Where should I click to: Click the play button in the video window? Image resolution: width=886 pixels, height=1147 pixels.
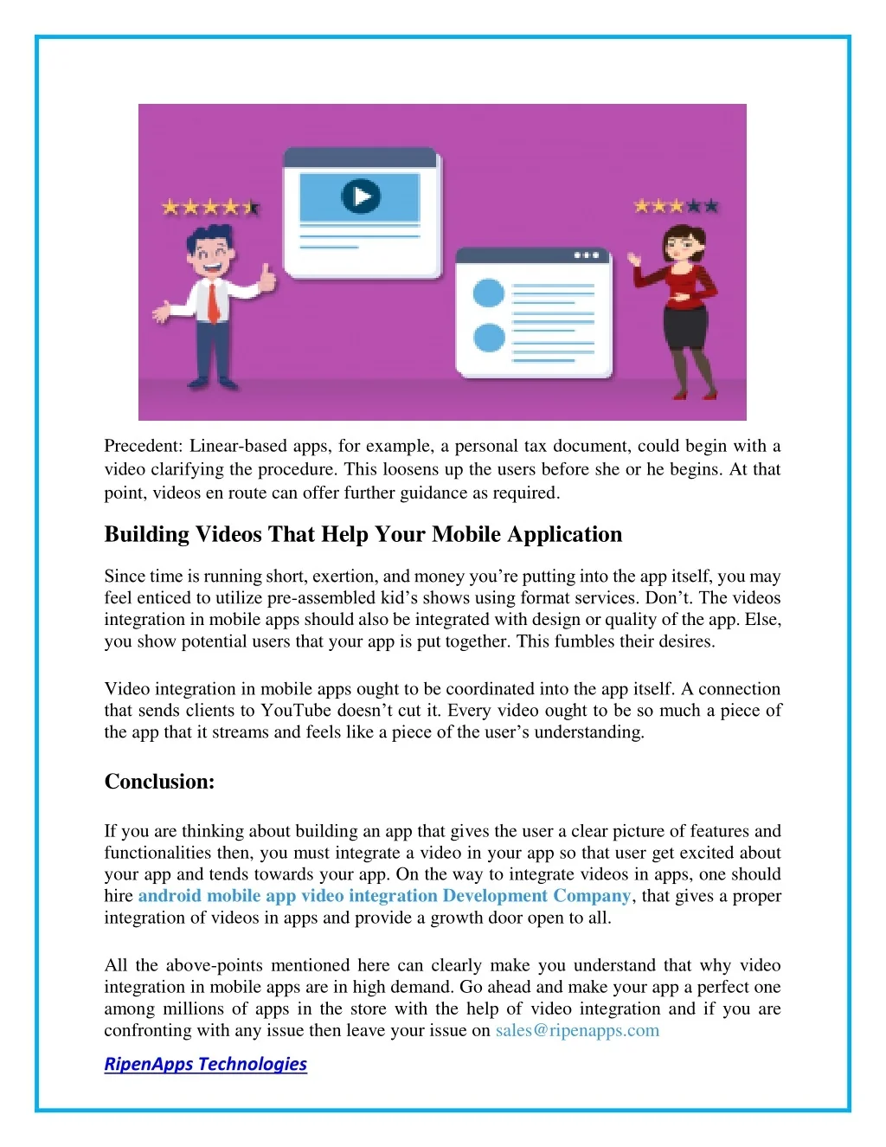coord(360,197)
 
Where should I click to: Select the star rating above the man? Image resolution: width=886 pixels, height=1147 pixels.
coord(210,207)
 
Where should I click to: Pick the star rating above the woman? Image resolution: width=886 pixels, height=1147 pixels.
coord(676,206)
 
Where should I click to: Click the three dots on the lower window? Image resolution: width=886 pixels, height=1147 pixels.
coord(587,255)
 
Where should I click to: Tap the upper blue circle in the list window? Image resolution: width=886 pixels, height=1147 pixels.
coord(488,293)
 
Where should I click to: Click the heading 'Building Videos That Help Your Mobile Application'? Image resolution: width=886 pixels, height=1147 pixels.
coord(363,534)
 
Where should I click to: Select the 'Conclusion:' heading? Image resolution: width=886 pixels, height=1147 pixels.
coord(159,782)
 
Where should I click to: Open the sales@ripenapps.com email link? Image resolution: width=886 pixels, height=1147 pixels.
coord(577,1030)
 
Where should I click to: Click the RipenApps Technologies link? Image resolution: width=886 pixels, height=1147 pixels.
coord(205,1064)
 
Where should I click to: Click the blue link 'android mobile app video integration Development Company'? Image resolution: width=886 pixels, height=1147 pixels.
coord(384,896)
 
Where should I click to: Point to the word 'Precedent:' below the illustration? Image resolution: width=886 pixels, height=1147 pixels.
coord(143,446)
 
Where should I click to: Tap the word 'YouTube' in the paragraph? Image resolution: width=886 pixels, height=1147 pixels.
coord(296,711)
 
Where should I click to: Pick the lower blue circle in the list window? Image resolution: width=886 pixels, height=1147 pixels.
coord(489,337)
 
